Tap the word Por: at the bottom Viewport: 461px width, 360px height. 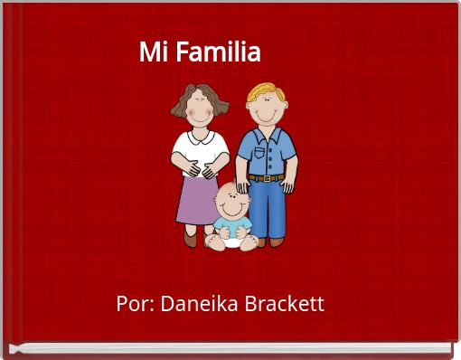[x=135, y=303]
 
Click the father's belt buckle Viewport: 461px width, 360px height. [x=266, y=178]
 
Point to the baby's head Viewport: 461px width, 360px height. [x=230, y=201]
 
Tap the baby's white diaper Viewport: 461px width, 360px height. [x=231, y=240]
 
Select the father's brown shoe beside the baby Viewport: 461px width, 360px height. [x=260, y=242]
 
